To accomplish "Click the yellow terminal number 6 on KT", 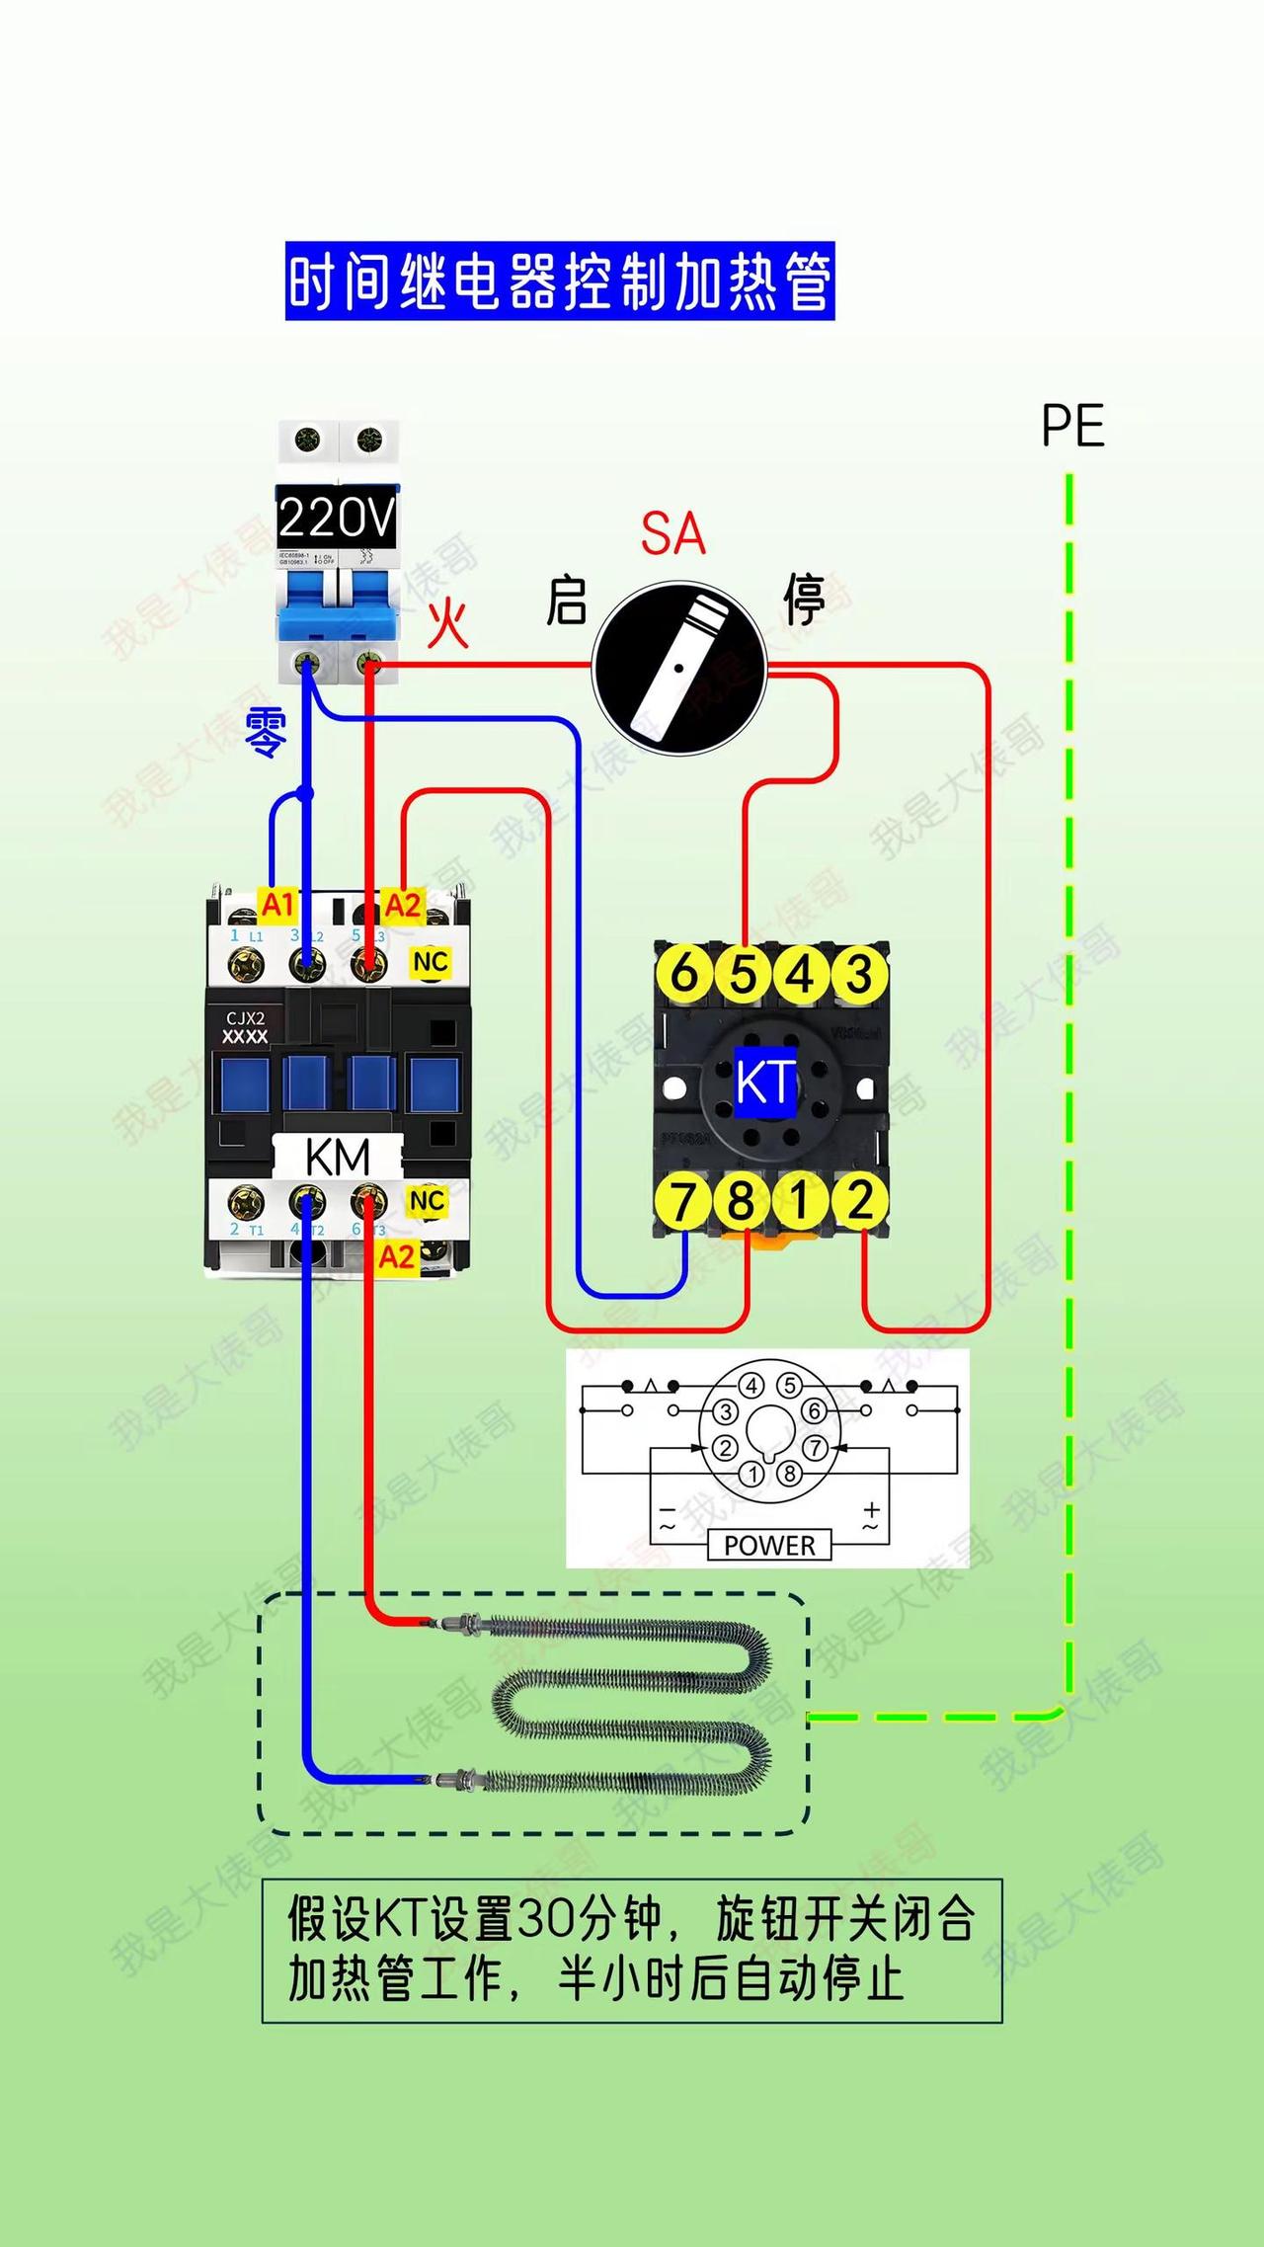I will [x=684, y=974].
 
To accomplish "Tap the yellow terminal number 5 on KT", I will [x=743, y=974].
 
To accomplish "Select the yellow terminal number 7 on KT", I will [x=684, y=1201].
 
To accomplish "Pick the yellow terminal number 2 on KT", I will [x=860, y=1201].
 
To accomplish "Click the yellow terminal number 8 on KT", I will [x=743, y=1201].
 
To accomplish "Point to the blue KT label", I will [x=765, y=1083].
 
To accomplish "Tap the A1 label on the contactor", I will [x=278, y=904].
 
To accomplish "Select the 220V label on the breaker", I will [x=337, y=517].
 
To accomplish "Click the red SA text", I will [x=673, y=534].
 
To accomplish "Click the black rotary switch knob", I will [x=679, y=669].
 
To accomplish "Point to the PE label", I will [x=1072, y=427].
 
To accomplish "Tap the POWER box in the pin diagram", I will [x=769, y=1545].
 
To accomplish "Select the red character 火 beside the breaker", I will [x=447, y=624].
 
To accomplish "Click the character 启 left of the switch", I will [x=567, y=601].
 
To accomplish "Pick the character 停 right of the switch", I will [x=805, y=599].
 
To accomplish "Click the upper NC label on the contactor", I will [x=431, y=962].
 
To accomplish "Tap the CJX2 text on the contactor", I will [x=245, y=1018].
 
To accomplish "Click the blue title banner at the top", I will [x=560, y=281].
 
